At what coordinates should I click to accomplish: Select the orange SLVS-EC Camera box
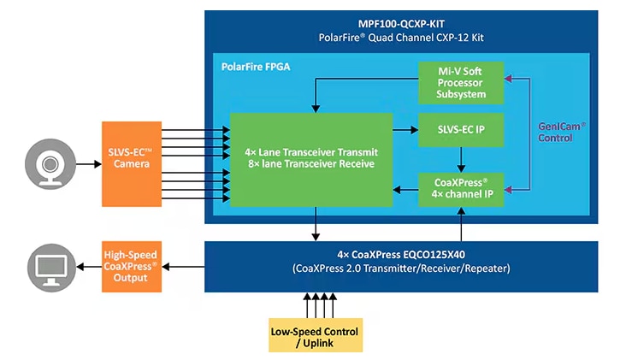point(131,157)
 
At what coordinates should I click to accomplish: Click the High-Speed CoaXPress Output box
point(132,267)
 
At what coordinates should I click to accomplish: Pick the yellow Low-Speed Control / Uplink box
point(314,338)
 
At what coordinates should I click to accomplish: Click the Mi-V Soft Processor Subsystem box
point(462,82)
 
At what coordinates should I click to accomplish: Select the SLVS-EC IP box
point(462,129)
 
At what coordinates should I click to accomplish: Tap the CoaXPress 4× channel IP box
point(462,188)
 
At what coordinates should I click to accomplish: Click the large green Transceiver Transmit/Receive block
point(310,157)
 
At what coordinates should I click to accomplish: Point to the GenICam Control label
point(562,130)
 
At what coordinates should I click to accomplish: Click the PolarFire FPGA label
point(256,65)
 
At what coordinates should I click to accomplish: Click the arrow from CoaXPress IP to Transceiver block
point(405,188)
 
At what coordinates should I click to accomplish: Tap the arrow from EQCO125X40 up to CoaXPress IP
point(462,223)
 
